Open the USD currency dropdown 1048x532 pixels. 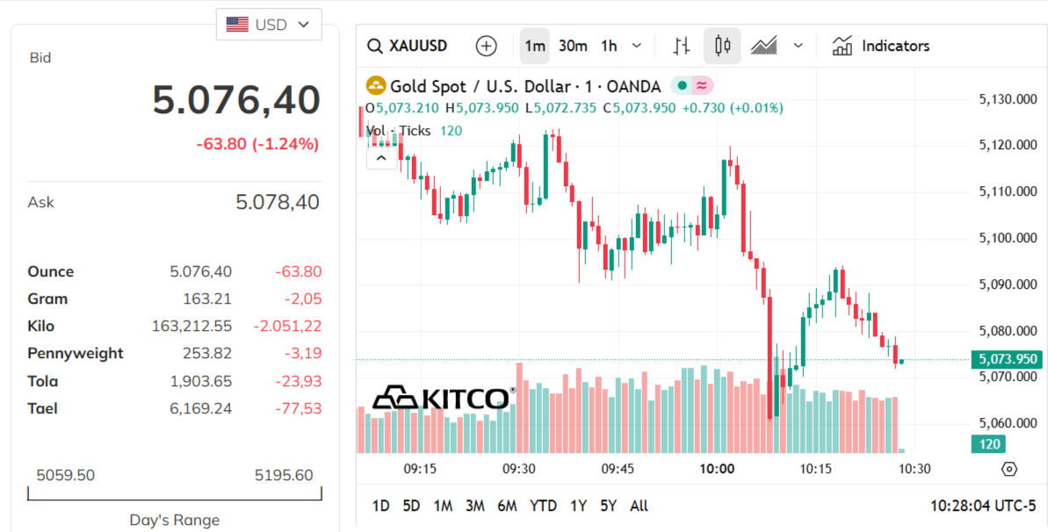tap(269, 25)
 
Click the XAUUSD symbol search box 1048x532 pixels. tap(408, 46)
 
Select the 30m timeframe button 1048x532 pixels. tap(573, 46)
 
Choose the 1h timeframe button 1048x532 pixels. tap(609, 46)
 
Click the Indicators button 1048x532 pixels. tap(881, 46)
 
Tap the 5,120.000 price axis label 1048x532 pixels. tap(1008, 146)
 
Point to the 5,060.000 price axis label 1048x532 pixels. tap(1008, 423)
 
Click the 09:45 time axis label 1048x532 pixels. tap(618, 469)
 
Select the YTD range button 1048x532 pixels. tap(543, 506)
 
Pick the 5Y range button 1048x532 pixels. tap(608, 506)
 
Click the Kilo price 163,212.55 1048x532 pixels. tap(192, 327)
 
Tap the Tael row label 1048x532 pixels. tap(43, 408)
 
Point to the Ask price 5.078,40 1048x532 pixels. tap(277, 203)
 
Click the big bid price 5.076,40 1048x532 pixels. tap(236, 99)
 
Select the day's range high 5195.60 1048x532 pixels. tap(283, 476)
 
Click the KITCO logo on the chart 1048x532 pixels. tap(443, 398)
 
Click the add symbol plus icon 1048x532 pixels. tap(486, 46)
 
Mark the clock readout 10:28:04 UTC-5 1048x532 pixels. tap(983, 506)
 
